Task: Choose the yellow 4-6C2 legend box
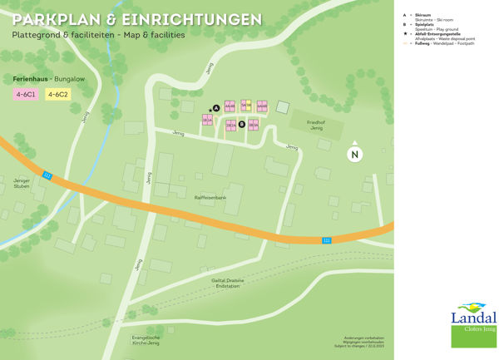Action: (x=57, y=95)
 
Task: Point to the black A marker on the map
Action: (x=216, y=108)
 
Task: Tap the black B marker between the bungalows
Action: (x=241, y=125)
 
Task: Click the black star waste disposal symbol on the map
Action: (x=210, y=108)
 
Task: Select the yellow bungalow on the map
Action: (x=246, y=106)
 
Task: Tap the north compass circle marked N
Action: (x=355, y=154)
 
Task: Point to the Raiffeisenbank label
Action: (x=210, y=198)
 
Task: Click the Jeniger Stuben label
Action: (x=22, y=183)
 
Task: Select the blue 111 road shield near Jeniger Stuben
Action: (x=47, y=175)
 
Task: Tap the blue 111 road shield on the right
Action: (x=327, y=240)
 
